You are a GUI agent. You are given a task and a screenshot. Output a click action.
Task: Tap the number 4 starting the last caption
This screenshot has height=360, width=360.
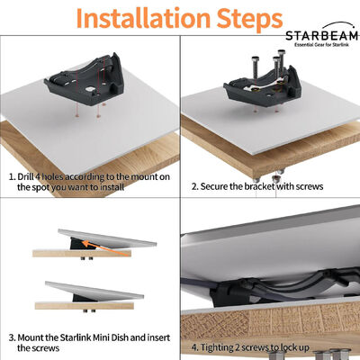tap(194, 346)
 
